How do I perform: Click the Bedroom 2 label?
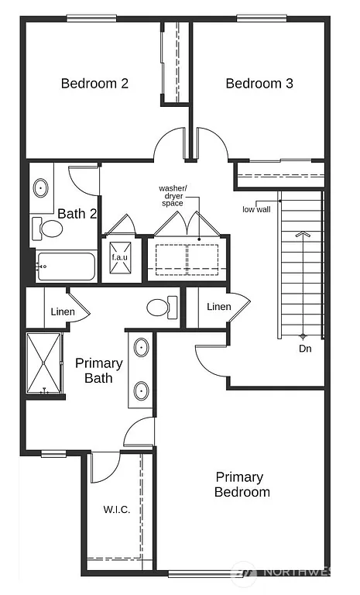click(94, 84)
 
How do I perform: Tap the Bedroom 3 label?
click(259, 84)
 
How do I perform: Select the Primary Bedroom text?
click(242, 484)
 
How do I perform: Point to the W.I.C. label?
click(116, 510)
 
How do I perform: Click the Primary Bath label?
click(99, 370)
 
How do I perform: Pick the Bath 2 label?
click(77, 214)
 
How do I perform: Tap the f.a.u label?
click(119, 257)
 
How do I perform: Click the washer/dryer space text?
click(173, 195)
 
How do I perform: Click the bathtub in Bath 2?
click(66, 268)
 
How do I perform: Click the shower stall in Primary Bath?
click(45, 364)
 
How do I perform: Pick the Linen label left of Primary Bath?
click(63, 311)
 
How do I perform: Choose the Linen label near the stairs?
click(219, 307)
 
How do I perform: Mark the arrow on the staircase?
click(303, 232)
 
